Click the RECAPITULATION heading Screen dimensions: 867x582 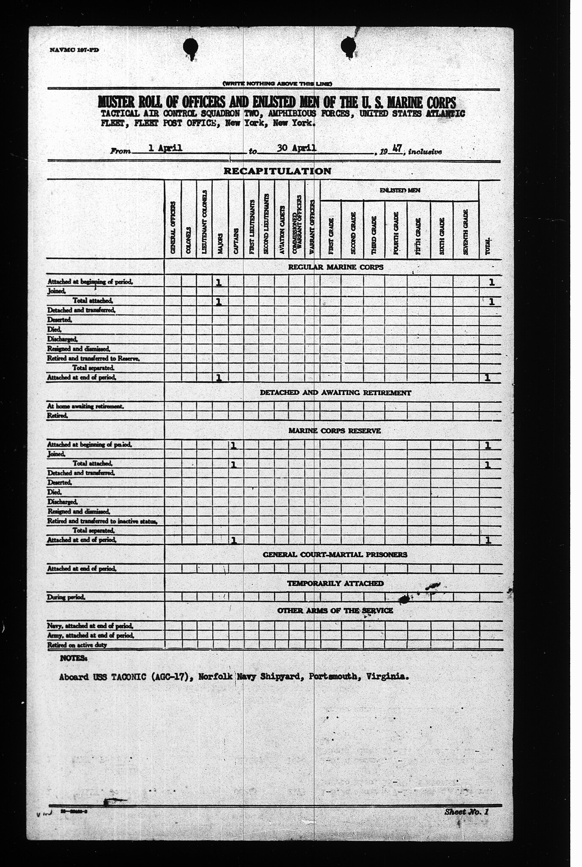coord(277,171)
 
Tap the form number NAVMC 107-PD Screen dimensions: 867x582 coord(74,50)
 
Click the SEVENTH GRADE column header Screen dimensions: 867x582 coord(465,232)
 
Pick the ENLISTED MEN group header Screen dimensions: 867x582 coord(399,191)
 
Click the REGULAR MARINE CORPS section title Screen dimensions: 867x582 coord(335,267)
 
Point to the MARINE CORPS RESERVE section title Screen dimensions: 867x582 coord(335,431)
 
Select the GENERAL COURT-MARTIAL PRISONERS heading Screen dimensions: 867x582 coord(335,555)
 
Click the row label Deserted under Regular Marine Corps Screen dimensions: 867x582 coord(60,320)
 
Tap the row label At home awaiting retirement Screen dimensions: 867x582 coord(85,406)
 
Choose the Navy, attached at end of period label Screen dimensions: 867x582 coord(91,626)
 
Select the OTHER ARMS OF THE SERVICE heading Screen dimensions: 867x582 coord(335,610)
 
